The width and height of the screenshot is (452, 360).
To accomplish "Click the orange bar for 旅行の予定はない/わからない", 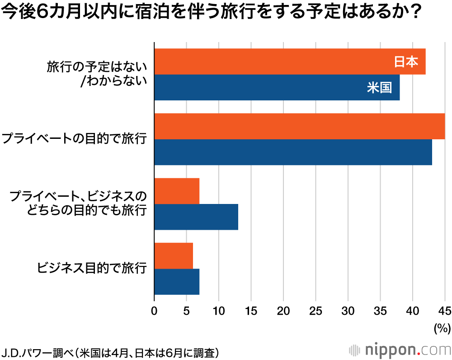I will (290, 62).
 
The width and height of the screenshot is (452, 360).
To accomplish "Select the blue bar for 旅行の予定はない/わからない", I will (277, 88).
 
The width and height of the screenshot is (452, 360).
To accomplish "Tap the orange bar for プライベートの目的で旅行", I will (299, 127).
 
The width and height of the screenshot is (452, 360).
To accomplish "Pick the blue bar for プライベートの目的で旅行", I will (293, 152).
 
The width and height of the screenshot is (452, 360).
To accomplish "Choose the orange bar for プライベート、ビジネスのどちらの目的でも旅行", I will (177, 191).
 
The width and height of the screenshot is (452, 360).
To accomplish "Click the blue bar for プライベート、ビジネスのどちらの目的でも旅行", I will (196, 217).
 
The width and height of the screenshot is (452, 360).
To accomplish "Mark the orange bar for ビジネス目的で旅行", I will (174, 256).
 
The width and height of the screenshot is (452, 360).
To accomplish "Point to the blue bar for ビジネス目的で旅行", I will (177, 282).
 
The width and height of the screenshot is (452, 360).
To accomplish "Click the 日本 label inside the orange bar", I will (406, 62).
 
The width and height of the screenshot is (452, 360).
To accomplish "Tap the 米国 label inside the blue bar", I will (379, 88).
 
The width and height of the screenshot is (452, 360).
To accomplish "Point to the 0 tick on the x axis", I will (155, 311).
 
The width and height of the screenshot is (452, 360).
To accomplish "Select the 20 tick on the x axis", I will (283, 311).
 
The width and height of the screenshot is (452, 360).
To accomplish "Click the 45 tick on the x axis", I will (445, 311).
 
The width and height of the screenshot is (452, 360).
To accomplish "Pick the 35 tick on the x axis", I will (380, 311).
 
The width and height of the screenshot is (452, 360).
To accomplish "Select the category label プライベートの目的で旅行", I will (75, 139).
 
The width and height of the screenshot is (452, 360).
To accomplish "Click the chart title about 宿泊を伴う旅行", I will (212, 13).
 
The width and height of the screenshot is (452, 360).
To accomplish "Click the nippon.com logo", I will (400, 350).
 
